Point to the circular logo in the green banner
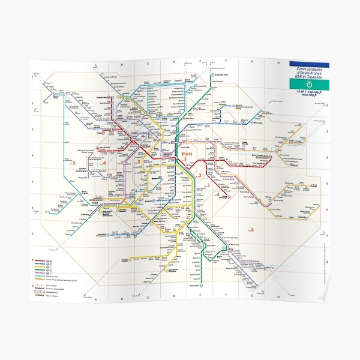click(308, 85)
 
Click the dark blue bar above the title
click(308, 64)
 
